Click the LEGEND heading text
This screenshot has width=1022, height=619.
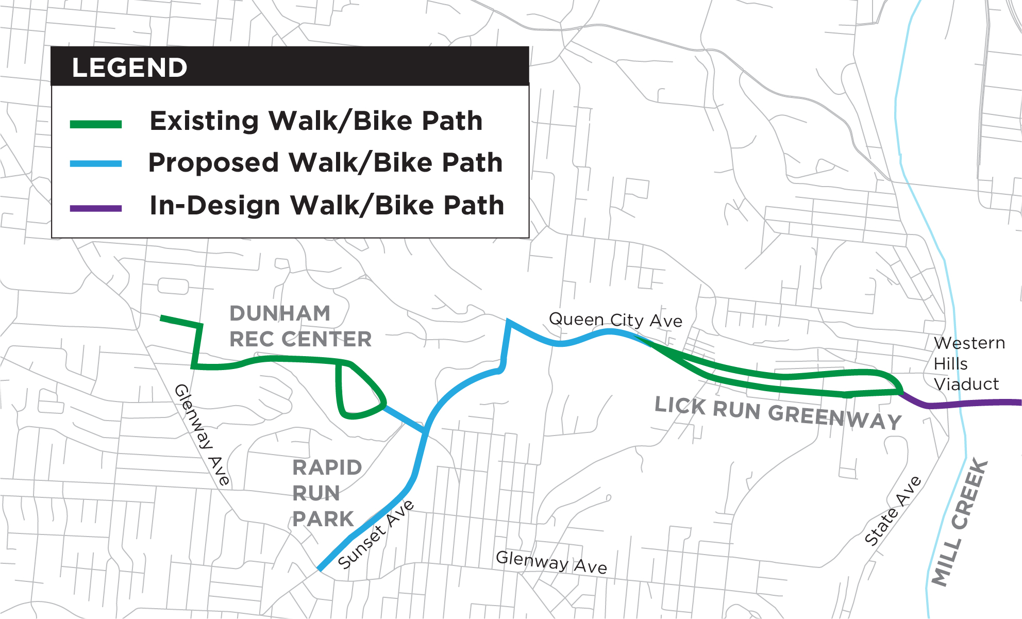(129, 68)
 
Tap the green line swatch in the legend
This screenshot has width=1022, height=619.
(96, 124)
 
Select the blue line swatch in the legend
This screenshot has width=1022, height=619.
(96, 164)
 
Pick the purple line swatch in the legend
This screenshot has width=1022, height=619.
(96, 209)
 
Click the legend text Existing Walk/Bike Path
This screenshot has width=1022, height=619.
(316, 121)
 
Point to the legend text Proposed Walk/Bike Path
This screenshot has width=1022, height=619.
(325, 163)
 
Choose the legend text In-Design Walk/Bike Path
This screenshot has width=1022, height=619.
(326, 205)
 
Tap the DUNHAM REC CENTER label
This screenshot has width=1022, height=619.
(300, 326)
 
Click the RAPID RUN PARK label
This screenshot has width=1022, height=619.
(326, 493)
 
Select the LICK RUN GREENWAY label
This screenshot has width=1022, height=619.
(778, 413)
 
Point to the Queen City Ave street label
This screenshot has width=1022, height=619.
(615, 320)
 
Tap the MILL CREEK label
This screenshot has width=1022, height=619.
(960, 522)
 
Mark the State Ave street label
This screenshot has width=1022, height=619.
(893, 511)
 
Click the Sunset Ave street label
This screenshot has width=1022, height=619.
(376, 534)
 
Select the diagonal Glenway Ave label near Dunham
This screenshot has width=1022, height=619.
(202, 434)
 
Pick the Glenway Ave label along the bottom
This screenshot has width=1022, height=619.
(551, 562)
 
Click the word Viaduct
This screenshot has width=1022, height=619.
(966, 384)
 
